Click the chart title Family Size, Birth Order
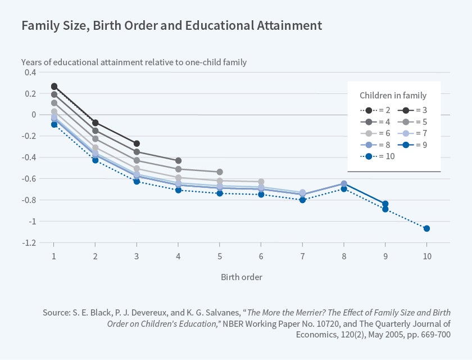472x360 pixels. coord(172,25)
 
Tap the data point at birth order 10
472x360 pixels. coord(426,228)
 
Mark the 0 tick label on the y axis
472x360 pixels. coord(34,115)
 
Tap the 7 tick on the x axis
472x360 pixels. coord(302,256)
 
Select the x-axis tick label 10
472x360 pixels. coord(426,256)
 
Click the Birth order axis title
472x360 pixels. coord(241,277)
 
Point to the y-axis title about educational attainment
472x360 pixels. coord(134,62)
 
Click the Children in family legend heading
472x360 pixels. coord(393,95)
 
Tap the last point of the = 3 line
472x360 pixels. coord(137,143)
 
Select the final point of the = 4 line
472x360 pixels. coord(178,161)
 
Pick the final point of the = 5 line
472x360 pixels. coord(220,172)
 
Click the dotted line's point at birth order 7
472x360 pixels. coord(302,200)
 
